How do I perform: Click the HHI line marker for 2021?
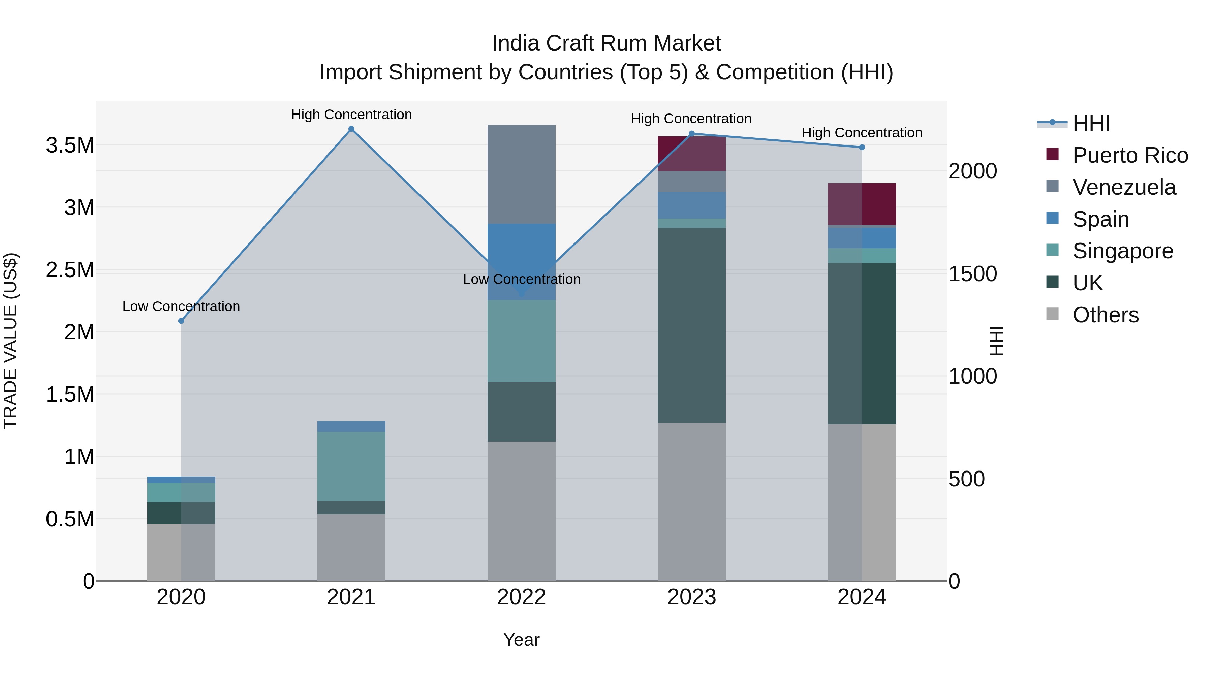click(351, 129)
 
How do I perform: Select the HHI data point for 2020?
click(181, 321)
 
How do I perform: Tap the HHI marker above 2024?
click(862, 147)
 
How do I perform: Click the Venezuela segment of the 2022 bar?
click(521, 174)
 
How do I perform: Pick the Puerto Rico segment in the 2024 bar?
click(862, 204)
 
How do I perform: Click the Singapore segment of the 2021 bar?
click(351, 466)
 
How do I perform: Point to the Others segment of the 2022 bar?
click(521, 511)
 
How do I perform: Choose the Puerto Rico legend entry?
click(1129, 155)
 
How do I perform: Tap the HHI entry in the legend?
click(1091, 123)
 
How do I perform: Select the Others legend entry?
click(1105, 315)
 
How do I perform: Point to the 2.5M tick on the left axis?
click(70, 270)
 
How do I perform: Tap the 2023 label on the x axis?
click(691, 597)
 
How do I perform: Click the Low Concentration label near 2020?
click(181, 306)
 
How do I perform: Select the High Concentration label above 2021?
click(351, 115)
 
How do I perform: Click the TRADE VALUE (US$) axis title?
click(10, 341)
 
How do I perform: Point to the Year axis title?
click(521, 640)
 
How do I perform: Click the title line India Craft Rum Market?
click(606, 43)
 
